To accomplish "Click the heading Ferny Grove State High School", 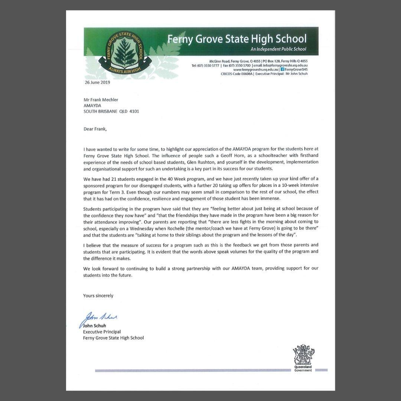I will (x=237, y=39).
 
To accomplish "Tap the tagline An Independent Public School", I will (x=278, y=49).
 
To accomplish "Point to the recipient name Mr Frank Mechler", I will (x=101, y=100).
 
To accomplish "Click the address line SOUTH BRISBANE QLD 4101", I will (x=111, y=111).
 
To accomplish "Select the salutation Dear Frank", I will (x=95, y=129).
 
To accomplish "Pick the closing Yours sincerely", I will (x=98, y=296).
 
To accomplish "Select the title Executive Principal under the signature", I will (x=102, y=332).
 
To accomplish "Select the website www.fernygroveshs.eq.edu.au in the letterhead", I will (x=256, y=69).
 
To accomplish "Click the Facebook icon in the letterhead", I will (x=282, y=69).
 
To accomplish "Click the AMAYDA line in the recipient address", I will (x=92, y=105).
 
